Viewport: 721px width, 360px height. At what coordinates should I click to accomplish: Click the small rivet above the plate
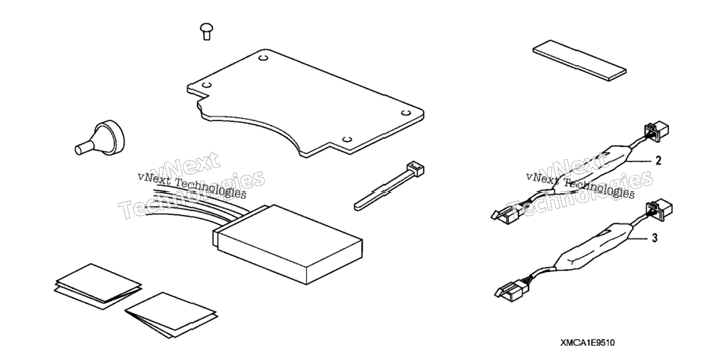click(207, 32)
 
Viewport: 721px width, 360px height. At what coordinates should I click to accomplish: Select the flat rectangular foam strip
click(579, 60)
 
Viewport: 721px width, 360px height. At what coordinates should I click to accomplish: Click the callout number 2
click(658, 161)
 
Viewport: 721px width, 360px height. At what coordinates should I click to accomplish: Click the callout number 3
click(655, 238)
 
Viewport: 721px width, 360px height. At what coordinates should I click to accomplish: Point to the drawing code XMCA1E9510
click(587, 343)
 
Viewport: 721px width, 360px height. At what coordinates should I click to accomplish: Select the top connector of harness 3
click(659, 208)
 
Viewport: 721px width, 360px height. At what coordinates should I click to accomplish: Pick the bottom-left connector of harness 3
click(511, 290)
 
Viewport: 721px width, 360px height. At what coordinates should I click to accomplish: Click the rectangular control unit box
click(287, 244)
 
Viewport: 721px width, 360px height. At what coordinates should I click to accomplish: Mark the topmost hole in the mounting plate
click(263, 58)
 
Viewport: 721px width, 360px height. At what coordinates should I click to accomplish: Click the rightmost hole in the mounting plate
click(405, 113)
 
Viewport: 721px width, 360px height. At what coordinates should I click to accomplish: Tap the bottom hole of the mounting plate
click(348, 139)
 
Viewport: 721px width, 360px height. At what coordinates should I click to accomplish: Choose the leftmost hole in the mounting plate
click(207, 85)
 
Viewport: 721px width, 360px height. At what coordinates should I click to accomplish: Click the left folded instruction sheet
click(98, 286)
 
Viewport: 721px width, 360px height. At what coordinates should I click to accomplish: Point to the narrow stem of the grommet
click(84, 147)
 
